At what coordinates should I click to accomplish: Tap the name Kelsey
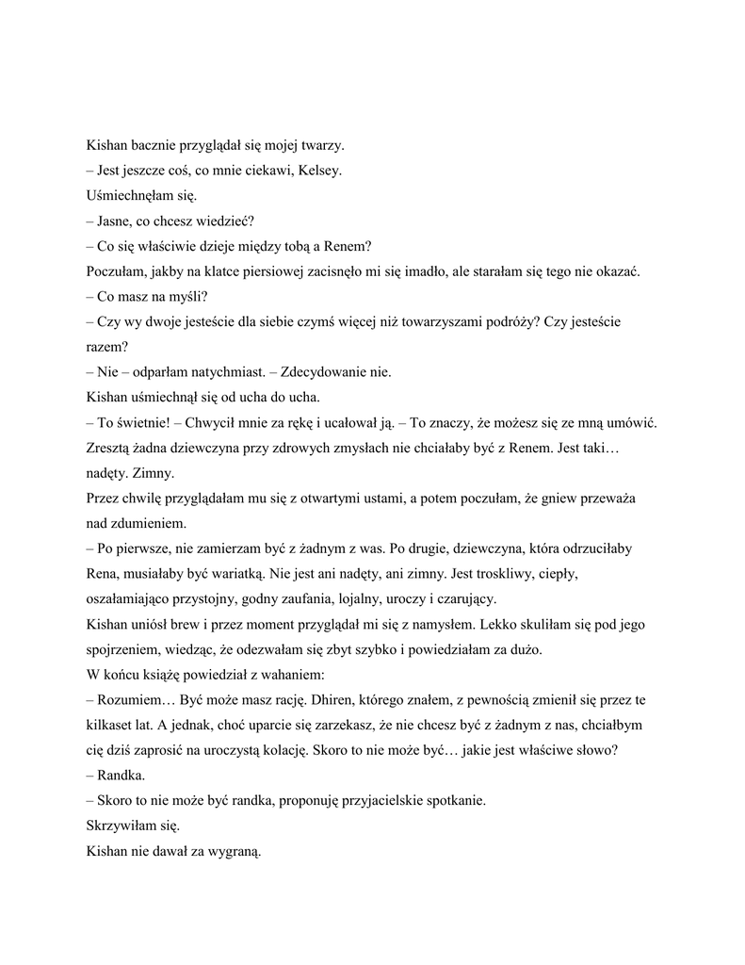pyautogui.click(x=320, y=171)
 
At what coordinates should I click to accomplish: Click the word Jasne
pyautogui.click(x=118, y=221)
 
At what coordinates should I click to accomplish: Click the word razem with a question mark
pyautogui.click(x=106, y=347)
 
